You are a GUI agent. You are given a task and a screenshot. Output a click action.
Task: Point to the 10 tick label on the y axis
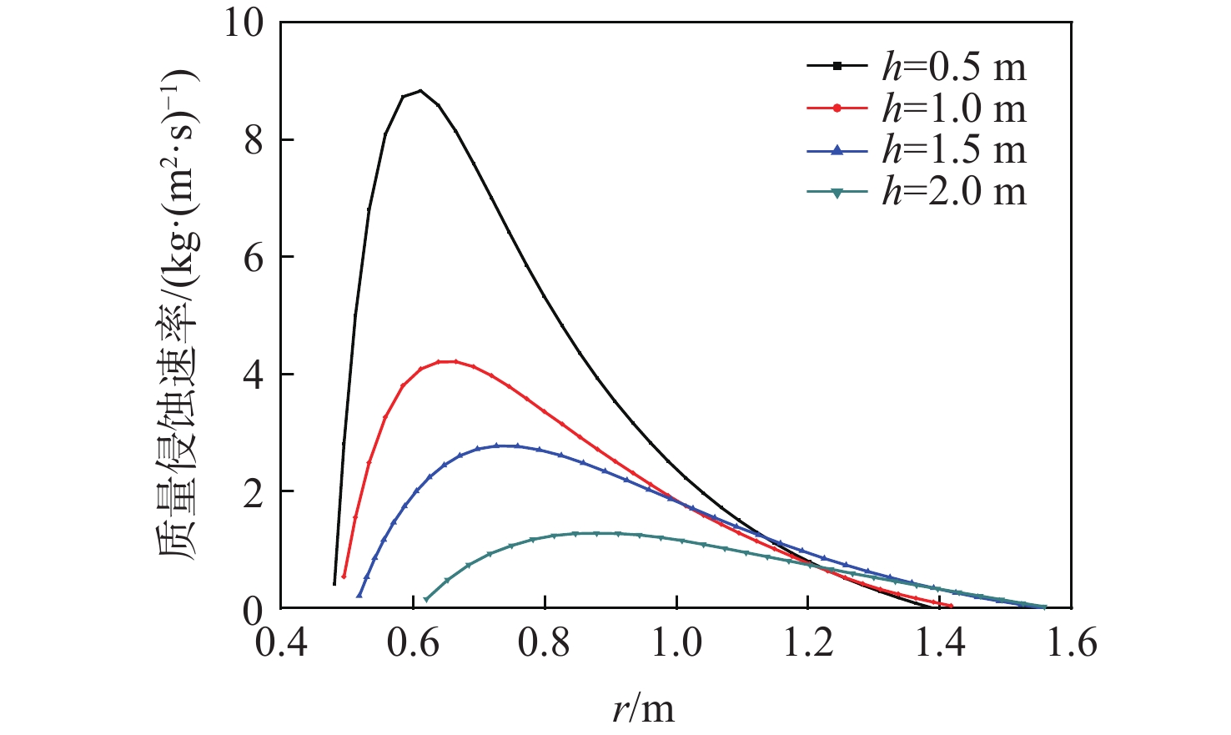point(243,23)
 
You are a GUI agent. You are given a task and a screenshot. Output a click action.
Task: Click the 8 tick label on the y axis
point(254,140)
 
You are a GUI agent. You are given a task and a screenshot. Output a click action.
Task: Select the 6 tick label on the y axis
point(254,258)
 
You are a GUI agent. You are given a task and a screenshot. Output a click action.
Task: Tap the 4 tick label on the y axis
point(254,375)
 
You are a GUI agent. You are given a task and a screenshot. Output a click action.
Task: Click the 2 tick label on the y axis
point(254,491)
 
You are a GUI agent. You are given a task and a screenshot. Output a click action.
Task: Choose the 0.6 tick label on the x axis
point(413,644)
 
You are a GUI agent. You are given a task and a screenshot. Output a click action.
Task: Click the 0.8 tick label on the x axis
point(545,644)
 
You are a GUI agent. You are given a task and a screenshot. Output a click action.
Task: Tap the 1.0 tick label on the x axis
point(676,644)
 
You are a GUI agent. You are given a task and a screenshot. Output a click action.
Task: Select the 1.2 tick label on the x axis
point(808,644)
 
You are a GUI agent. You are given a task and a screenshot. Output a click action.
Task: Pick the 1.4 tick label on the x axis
point(940,644)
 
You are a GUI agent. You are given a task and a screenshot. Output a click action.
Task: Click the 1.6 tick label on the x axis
point(1071,644)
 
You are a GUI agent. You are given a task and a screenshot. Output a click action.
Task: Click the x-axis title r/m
point(643,707)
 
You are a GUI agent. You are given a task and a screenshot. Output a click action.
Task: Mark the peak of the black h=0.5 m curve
point(421,90)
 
